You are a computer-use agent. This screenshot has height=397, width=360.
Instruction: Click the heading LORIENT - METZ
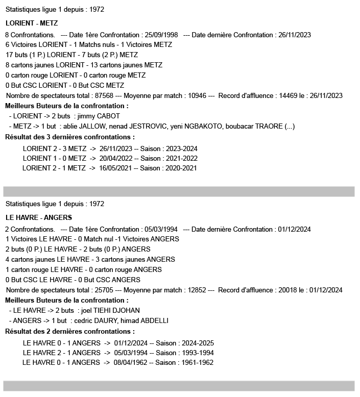32,23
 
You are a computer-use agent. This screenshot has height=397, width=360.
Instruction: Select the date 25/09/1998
160,35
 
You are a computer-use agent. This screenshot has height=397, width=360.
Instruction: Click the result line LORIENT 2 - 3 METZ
55,148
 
